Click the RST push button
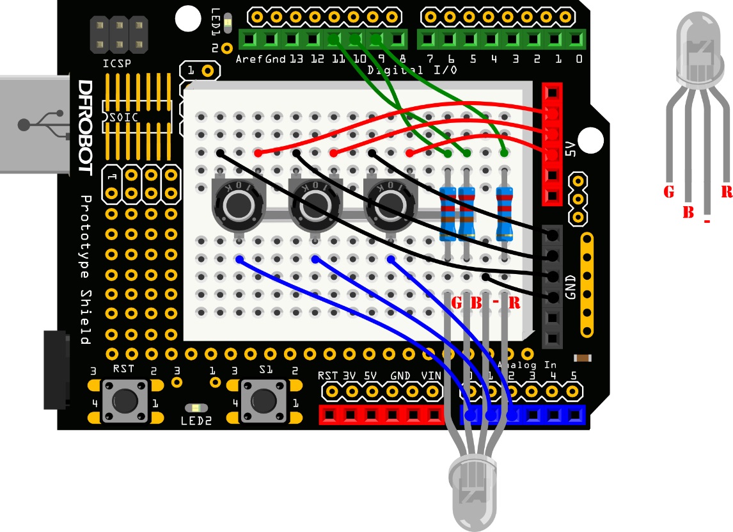point(126,401)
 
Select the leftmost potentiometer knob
point(237,205)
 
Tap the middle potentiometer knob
point(313,205)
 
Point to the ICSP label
point(117,64)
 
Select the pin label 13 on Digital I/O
point(296,59)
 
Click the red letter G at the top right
point(669,191)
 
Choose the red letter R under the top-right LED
point(726,191)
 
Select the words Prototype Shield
point(84,269)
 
